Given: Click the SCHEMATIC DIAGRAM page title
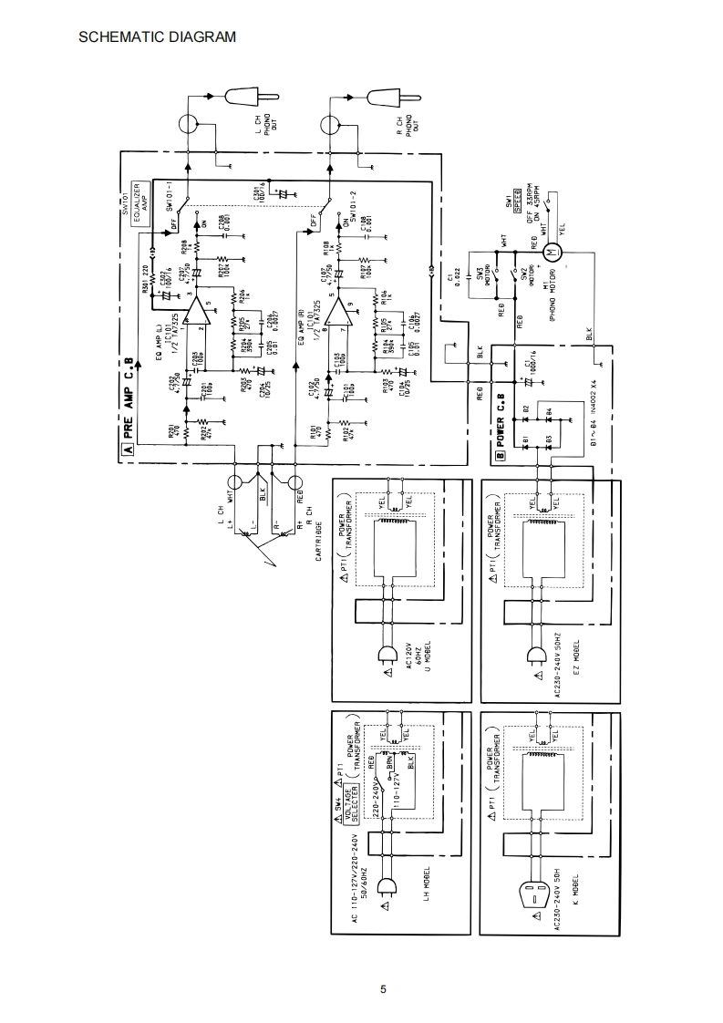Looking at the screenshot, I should (158, 37).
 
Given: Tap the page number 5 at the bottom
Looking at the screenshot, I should (384, 990).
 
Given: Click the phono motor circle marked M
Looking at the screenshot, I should (549, 251).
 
